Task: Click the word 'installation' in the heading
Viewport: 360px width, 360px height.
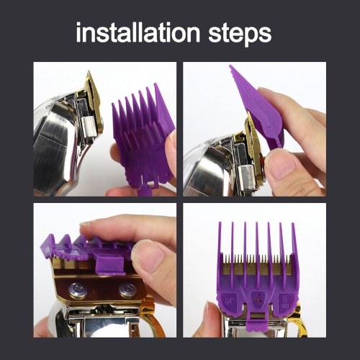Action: [x=138, y=32]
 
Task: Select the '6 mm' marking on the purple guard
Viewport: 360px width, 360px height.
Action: [x=285, y=302]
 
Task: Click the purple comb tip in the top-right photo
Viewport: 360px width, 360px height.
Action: [x=230, y=66]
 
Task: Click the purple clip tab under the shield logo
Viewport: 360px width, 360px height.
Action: [x=257, y=320]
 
